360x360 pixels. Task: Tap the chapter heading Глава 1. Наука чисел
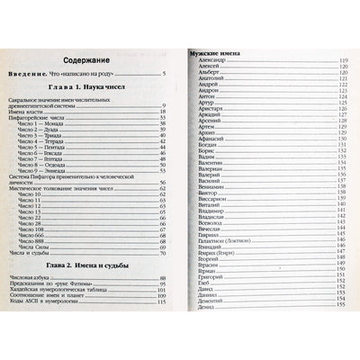[89, 93]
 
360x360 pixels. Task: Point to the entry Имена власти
[42, 111]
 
